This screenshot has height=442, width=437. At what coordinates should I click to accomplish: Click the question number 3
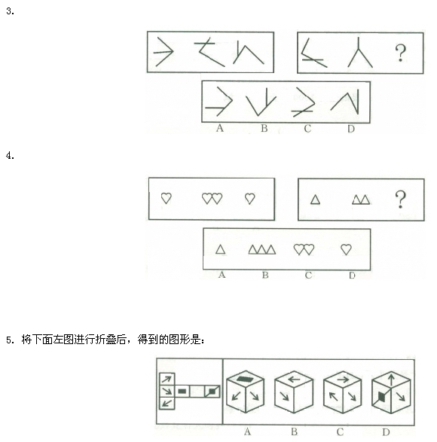click(x=10, y=11)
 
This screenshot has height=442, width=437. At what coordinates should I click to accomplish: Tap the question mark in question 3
click(x=400, y=53)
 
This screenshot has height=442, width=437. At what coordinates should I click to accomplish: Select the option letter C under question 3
click(x=307, y=129)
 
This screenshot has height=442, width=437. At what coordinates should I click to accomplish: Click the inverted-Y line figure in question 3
click(x=359, y=53)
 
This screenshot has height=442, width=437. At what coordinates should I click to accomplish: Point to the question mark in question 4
click(x=400, y=200)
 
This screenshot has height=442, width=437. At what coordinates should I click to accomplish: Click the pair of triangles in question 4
click(x=361, y=200)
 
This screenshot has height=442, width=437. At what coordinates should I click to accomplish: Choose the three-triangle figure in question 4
click(x=262, y=250)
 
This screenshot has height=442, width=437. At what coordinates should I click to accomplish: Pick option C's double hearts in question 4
click(x=304, y=249)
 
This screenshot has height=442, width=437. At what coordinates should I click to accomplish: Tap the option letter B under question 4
click(x=265, y=275)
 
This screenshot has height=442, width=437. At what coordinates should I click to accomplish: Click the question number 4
click(x=10, y=156)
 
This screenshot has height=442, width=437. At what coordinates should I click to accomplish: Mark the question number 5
click(x=10, y=340)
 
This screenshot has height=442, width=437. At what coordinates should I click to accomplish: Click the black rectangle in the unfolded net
click(x=182, y=392)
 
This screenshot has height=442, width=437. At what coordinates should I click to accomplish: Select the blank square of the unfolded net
click(x=197, y=392)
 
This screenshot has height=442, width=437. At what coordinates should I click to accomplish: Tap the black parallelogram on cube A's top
click(x=246, y=380)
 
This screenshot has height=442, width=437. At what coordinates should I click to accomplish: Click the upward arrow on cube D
click(x=391, y=380)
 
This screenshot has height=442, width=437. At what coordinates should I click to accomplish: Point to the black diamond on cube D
click(x=381, y=397)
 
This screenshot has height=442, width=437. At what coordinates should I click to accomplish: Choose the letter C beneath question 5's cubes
click(x=340, y=431)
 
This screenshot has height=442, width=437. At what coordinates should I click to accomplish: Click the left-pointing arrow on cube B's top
click(x=294, y=380)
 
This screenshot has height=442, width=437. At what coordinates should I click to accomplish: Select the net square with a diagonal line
click(x=212, y=392)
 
